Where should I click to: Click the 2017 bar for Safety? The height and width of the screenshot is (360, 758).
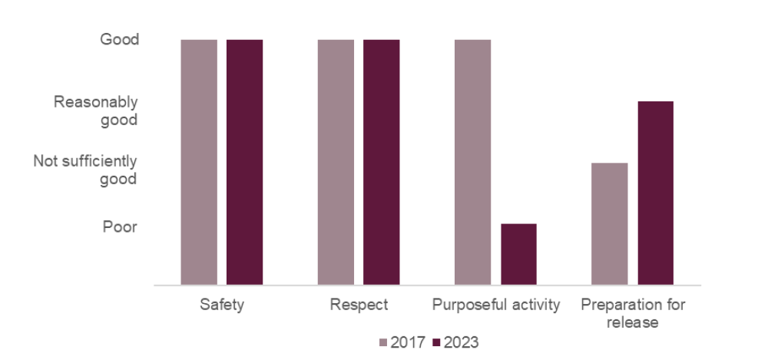pyautogui.click(x=199, y=162)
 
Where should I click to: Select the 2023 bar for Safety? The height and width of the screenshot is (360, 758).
pyautogui.click(x=244, y=162)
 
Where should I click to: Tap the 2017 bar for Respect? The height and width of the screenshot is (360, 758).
pyautogui.click(x=336, y=162)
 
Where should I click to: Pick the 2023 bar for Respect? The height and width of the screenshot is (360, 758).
pyautogui.click(x=381, y=162)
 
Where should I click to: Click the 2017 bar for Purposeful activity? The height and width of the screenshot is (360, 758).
pyautogui.click(x=472, y=162)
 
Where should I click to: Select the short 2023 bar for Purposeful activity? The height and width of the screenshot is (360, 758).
pyautogui.click(x=518, y=254)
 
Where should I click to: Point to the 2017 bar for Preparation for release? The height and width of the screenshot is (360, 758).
pyautogui.click(x=609, y=223)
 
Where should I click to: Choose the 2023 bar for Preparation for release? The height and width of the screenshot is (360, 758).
pyautogui.click(x=655, y=193)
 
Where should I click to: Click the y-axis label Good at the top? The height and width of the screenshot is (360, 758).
pyautogui.click(x=120, y=39)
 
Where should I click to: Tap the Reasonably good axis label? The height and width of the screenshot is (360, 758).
pyautogui.click(x=95, y=111)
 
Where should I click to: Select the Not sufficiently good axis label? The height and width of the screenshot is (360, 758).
pyautogui.click(x=85, y=170)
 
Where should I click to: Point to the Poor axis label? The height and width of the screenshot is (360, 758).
pyautogui.click(x=120, y=227)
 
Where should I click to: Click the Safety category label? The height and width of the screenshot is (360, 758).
pyautogui.click(x=222, y=305)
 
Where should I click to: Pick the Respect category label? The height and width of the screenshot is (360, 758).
pyautogui.click(x=359, y=305)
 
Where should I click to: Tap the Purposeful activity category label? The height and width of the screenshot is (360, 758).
pyautogui.click(x=495, y=305)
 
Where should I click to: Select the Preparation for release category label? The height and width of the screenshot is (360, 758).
pyautogui.click(x=632, y=313)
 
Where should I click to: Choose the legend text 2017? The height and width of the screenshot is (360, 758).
pyautogui.click(x=408, y=342)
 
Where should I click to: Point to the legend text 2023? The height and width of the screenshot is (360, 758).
pyautogui.click(x=461, y=342)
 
